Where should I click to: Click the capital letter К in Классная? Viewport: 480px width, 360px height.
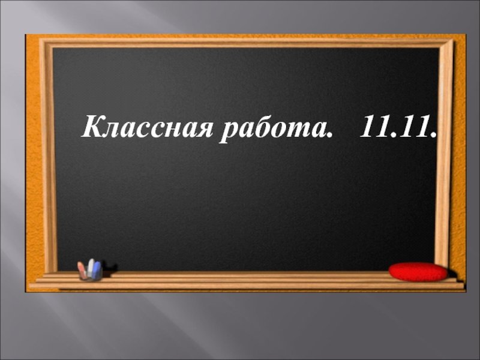tap(93, 127)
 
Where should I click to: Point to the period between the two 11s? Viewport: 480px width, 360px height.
tap(392, 134)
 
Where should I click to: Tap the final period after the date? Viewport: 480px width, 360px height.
tap(433, 134)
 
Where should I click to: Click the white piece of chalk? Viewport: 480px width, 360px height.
tap(91, 268)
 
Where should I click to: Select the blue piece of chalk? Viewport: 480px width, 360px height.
tap(97, 269)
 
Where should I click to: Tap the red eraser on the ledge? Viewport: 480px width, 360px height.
tap(418, 272)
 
